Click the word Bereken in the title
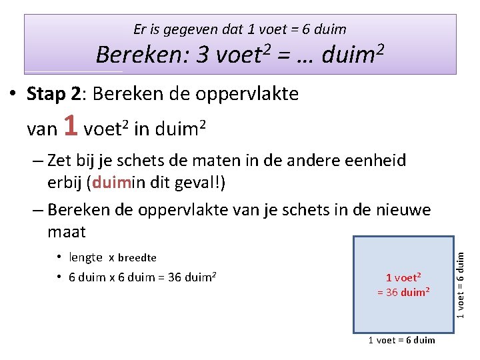point(143,55)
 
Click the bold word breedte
point(137,258)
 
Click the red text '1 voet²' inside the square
point(403,277)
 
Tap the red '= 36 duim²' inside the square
point(403,292)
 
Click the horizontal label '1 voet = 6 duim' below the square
point(401,340)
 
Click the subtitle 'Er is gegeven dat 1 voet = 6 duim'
point(239,29)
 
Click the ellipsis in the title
point(303,55)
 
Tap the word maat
point(67,232)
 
